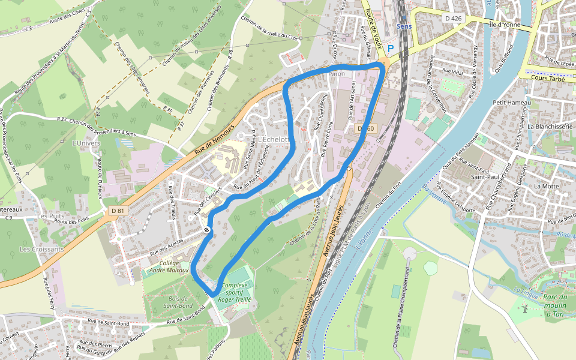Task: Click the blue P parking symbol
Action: (391, 48)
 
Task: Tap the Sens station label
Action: (404, 26)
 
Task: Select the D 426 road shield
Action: (454, 19)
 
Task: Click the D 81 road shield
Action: (118, 211)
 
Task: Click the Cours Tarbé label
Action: (549, 77)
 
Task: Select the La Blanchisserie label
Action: (550, 127)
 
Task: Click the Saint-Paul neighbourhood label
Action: (486, 177)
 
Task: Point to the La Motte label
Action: (546, 186)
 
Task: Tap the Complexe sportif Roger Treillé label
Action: (236, 292)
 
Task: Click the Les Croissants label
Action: (41, 249)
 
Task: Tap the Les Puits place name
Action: (50, 215)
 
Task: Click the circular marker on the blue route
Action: (207, 230)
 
